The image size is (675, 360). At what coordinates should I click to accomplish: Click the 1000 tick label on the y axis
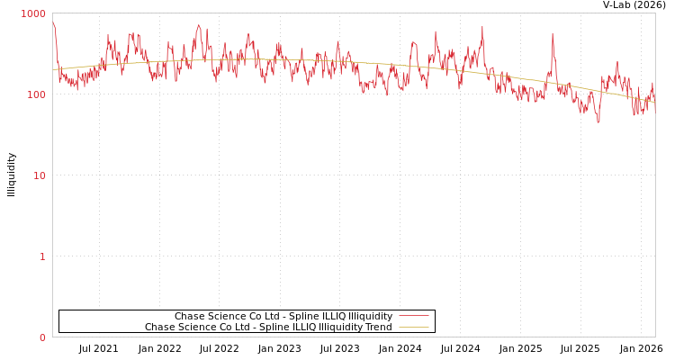tap(33, 13)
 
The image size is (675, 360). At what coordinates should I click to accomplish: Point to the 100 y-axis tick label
tap(35, 94)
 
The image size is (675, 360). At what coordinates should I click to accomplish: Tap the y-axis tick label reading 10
tap(39, 175)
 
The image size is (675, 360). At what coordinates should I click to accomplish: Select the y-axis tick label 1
tap(41, 256)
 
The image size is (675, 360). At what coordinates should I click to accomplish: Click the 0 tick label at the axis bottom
tap(41, 337)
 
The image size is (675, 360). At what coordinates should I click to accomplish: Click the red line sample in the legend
tap(413, 316)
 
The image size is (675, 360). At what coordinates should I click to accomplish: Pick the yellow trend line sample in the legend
tap(413, 328)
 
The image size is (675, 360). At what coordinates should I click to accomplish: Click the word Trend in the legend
tap(379, 328)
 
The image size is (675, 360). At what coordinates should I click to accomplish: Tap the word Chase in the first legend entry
tap(189, 317)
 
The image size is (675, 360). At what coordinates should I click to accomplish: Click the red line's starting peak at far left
tap(54, 23)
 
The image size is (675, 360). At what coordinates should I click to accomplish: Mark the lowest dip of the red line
tap(598, 121)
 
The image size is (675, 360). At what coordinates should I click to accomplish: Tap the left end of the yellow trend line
tap(54, 69)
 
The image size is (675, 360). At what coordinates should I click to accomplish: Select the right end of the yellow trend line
tap(654, 102)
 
